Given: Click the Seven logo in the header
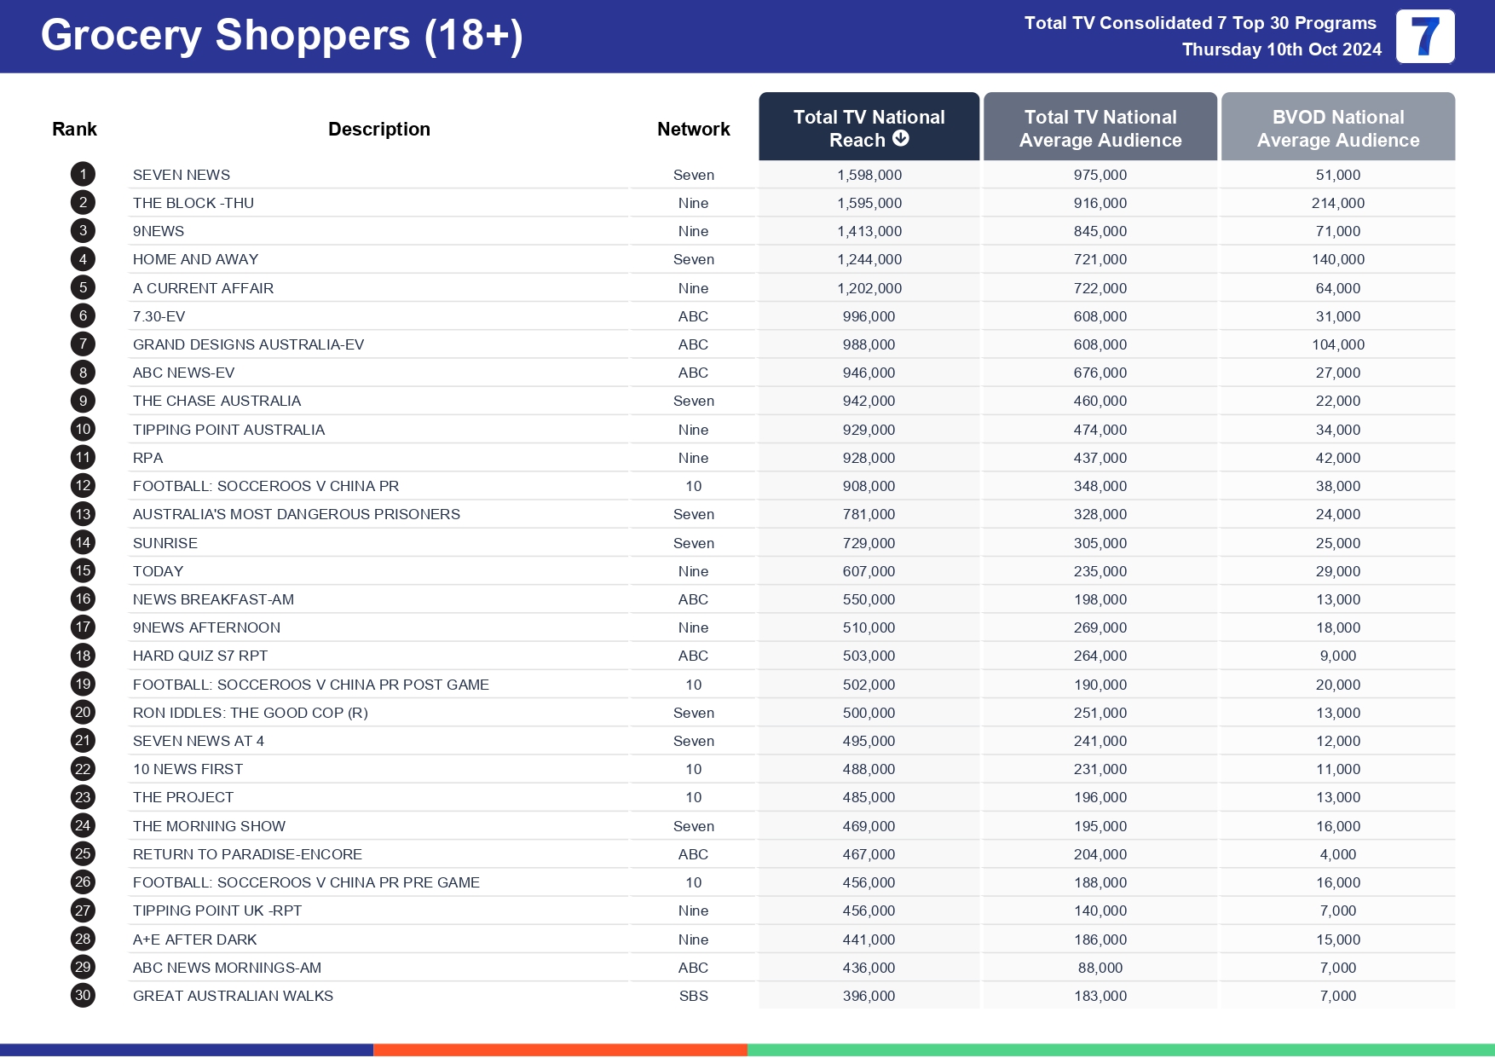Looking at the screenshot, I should pos(1424,37).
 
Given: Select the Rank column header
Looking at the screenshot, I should pos(74,130).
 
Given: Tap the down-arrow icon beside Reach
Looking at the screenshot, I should pos(901,139).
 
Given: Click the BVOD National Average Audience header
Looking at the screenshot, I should pos(1337,128).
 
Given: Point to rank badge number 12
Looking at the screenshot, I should pos(83,486).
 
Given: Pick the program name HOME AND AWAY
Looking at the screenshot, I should pos(195,260).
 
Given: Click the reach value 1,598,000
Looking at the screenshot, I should pos(869,175).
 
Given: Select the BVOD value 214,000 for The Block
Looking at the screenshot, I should pos(1337,203).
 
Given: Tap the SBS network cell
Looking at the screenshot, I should pos(693,996).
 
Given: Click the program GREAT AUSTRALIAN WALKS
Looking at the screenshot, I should pos(233,996).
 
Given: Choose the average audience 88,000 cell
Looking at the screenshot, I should pos(1100,968).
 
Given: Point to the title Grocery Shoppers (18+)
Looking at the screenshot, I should pos(281,36).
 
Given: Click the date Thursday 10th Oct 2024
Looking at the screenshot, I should pos(1281,49).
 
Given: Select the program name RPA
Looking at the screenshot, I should pos(147,458).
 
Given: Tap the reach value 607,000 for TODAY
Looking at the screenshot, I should pos(869,571).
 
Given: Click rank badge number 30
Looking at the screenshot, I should pos(83,995).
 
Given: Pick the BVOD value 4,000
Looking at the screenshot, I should pos(1337,854).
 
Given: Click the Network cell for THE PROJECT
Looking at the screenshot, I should pos(693,797).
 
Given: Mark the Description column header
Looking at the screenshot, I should pos(378,130).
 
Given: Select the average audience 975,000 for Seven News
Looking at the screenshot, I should pos(1100,175).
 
